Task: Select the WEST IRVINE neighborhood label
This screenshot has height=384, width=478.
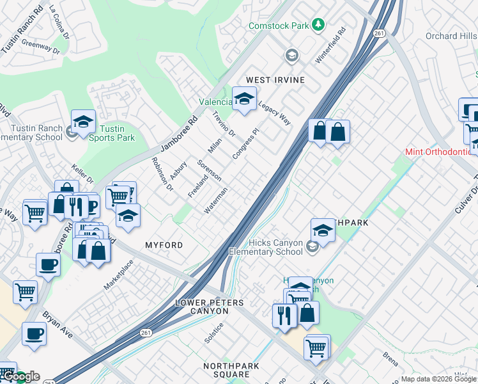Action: [275, 80]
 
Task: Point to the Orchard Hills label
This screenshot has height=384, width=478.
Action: [451, 36]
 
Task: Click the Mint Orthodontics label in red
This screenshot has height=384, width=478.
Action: [442, 152]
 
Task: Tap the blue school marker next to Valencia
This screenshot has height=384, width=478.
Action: [243, 99]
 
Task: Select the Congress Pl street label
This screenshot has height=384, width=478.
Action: [245, 144]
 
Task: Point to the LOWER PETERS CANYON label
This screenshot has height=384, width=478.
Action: [201, 306]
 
